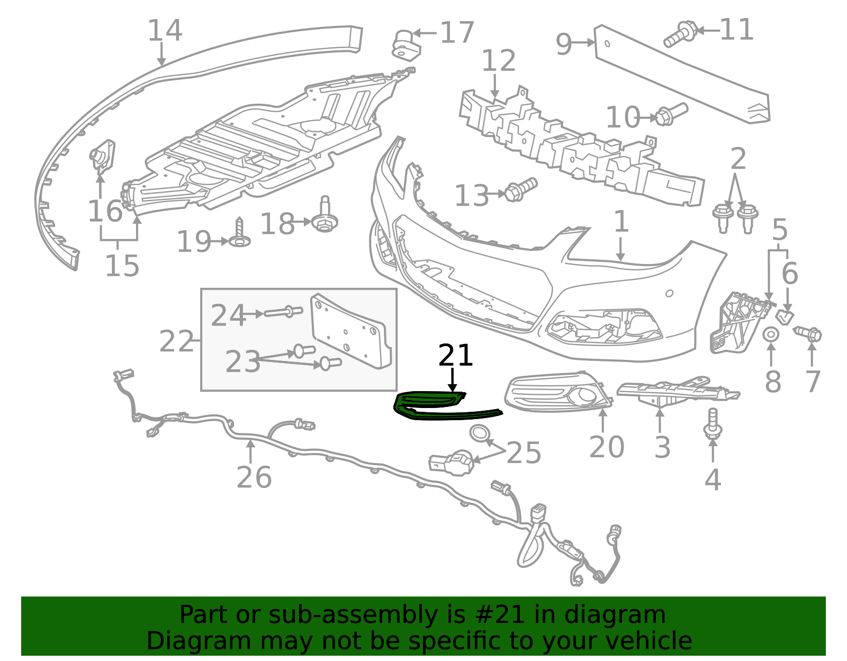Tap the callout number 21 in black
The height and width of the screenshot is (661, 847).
click(x=455, y=355)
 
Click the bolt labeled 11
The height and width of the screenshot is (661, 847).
click(x=680, y=34)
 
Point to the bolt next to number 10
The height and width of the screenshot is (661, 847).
click(x=672, y=114)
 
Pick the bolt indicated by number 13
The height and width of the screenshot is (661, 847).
click(x=521, y=189)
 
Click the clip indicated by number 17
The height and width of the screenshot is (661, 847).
click(x=406, y=45)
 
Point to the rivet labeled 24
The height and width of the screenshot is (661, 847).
click(x=283, y=312)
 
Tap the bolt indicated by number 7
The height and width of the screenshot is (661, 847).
click(x=807, y=334)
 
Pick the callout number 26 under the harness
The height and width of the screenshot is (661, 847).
click(x=254, y=477)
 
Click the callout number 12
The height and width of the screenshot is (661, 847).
click(x=499, y=60)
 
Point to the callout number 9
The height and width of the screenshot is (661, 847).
click(x=564, y=44)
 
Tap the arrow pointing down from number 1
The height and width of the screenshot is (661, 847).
click(x=620, y=249)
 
